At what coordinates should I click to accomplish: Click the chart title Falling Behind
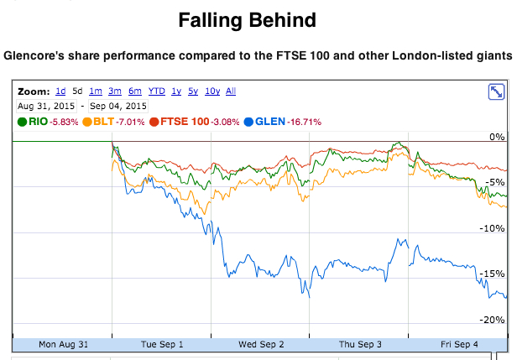click(258, 20)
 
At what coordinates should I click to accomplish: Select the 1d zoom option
click(60, 91)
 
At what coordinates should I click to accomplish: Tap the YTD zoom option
click(156, 91)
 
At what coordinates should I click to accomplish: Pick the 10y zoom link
click(212, 91)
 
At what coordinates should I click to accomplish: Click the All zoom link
click(231, 91)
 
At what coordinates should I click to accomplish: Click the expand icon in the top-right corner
click(495, 92)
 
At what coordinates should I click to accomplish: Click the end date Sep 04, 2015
click(118, 106)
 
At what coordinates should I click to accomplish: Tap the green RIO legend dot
click(22, 123)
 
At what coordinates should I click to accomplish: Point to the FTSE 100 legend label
click(185, 123)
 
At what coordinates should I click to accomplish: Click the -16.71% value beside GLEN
click(305, 123)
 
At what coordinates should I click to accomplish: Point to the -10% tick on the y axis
click(493, 228)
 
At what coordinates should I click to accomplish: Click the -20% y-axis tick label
click(493, 320)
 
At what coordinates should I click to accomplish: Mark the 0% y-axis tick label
click(496, 137)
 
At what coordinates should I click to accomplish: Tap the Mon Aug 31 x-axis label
click(63, 343)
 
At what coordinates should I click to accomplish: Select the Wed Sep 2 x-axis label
click(261, 343)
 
